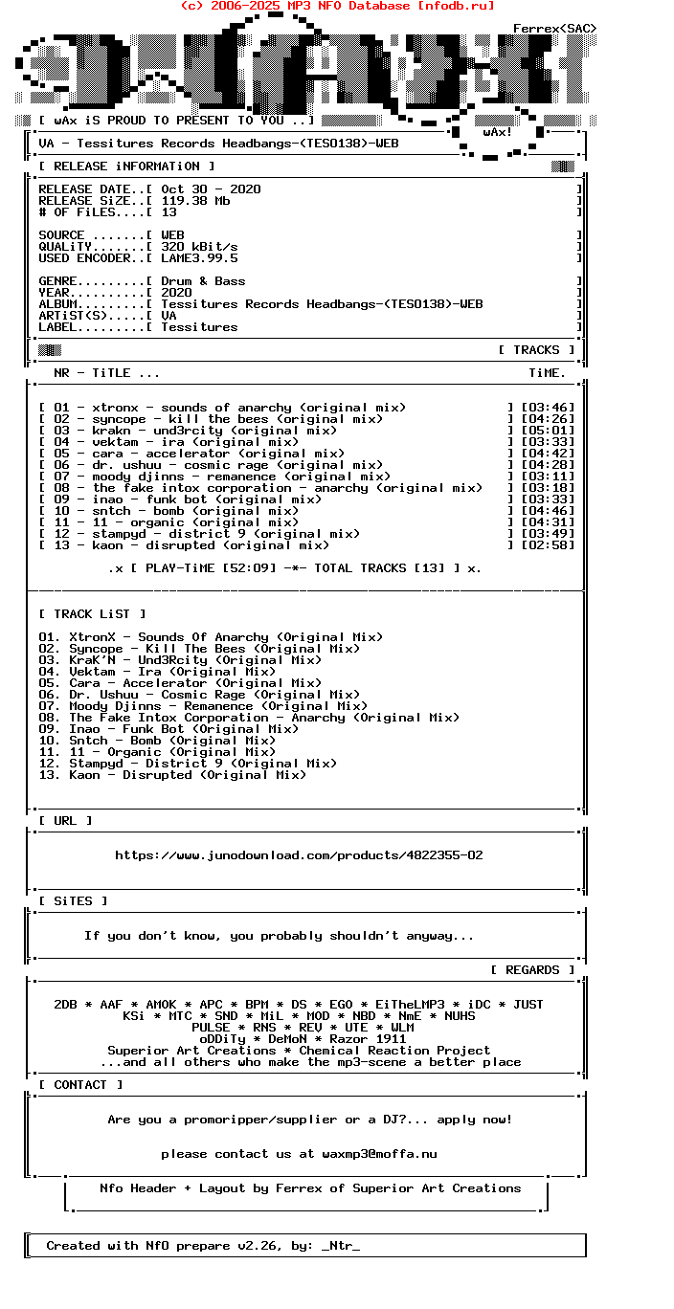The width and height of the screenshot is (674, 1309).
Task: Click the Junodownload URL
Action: pos(299,855)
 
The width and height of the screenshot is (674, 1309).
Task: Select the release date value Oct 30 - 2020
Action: pos(211,189)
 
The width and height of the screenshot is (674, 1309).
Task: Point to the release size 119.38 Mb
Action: pos(195,201)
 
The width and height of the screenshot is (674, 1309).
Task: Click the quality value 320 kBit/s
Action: pos(199,247)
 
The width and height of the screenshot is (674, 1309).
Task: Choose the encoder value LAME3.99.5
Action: pos(199,258)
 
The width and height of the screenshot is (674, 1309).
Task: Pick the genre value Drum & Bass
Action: pos(203,281)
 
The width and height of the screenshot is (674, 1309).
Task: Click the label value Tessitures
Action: pos(199,327)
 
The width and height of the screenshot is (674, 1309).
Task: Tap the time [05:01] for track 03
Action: pos(548,431)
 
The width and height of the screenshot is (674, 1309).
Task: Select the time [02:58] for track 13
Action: pos(548,545)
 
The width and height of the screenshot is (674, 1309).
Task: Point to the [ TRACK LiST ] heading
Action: pos(92,614)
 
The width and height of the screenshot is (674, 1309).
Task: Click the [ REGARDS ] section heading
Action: pos(532,970)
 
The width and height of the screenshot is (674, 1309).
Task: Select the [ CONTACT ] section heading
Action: pos(80,1085)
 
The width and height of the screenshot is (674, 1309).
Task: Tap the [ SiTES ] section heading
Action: pos(73,901)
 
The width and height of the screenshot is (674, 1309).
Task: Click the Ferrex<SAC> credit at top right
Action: pos(555,29)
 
